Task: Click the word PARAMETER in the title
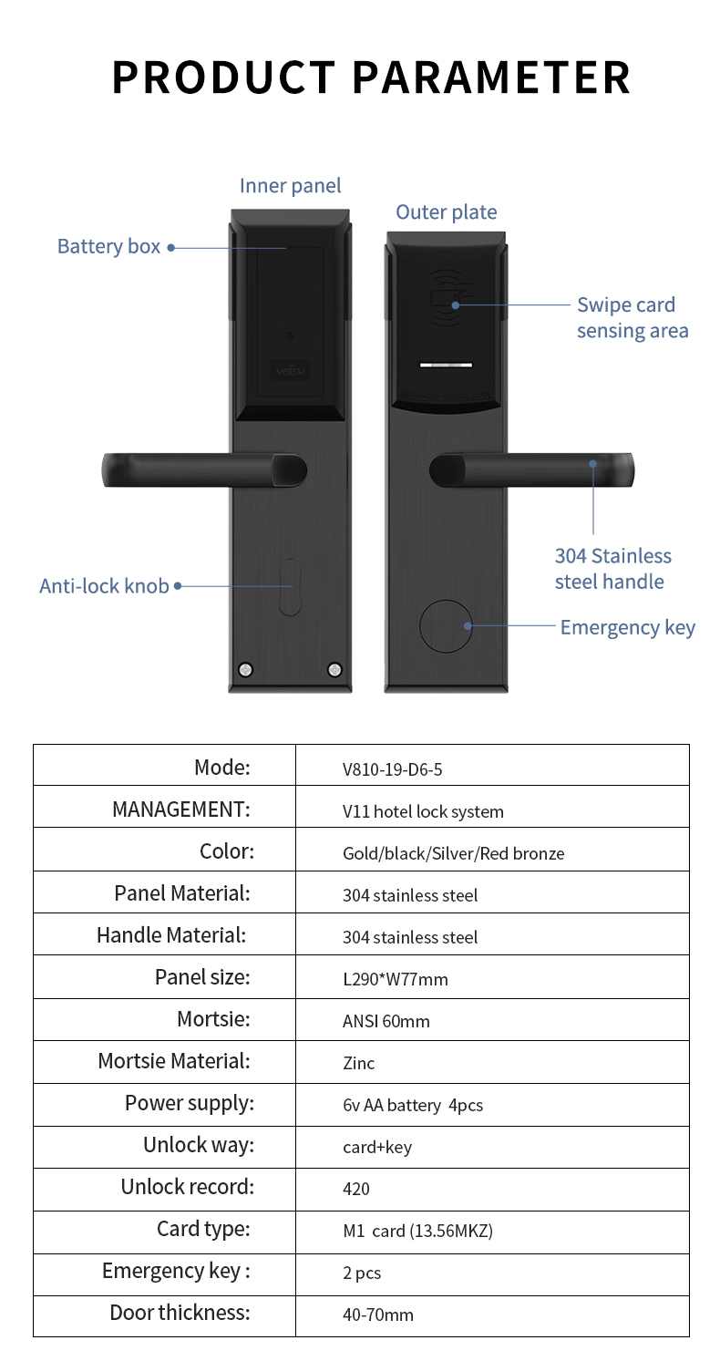[491, 77]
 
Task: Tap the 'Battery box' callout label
[108, 247]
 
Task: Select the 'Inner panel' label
[290, 185]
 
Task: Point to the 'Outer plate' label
[446, 212]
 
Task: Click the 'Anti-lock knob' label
[104, 586]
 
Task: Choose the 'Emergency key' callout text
[627, 627]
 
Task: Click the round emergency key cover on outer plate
[446, 626]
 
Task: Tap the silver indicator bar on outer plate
[446, 366]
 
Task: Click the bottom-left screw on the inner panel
[245, 670]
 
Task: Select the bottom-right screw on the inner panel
[334, 670]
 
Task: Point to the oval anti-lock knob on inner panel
[290, 586]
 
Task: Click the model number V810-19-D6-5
[392, 769]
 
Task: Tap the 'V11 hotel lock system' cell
[423, 811]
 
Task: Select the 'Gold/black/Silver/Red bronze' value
[453, 853]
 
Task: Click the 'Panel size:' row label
[202, 977]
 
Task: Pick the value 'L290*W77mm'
[395, 979]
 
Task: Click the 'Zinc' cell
[358, 1063]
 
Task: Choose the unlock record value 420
[356, 1189]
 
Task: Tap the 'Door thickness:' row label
[180, 1313]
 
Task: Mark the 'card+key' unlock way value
[377, 1147]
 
